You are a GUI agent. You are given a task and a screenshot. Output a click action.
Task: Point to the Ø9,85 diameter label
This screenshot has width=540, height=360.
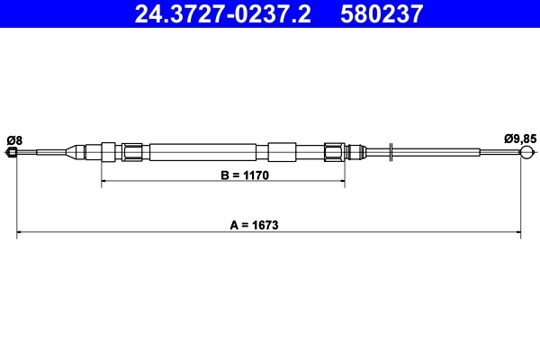520,139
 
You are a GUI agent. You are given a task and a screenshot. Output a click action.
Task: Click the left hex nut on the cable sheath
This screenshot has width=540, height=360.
133,151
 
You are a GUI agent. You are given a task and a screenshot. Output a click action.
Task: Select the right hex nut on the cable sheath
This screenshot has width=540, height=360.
334,151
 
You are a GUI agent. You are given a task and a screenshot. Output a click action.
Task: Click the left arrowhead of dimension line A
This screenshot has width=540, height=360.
21,234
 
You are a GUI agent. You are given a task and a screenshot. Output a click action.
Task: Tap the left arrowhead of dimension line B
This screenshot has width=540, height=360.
104,183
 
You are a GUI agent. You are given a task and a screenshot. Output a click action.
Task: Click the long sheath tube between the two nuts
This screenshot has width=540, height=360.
208,151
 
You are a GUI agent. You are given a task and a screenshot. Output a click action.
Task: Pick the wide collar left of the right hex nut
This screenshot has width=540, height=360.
282,151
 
